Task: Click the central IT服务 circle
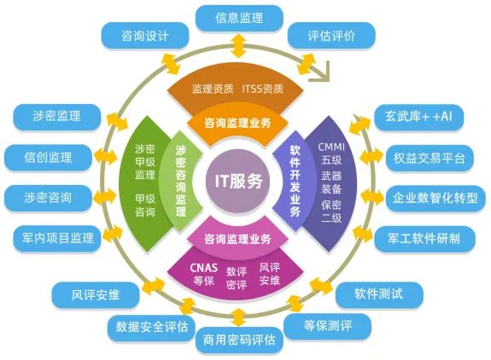pyautogui.click(x=238, y=182)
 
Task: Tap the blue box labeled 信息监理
pyautogui.click(x=239, y=18)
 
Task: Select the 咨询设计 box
pyautogui.click(x=144, y=36)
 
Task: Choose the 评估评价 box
pyautogui.click(x=331, y=36)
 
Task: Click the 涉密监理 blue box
pyautogui.click(x=56, y=117)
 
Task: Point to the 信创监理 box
pyautogui.click(x=48, y=157)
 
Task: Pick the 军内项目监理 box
pyautogui.click(x=56, y=238)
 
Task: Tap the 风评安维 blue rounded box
pyautogui.click(x=95, y=295)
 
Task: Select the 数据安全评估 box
pyautogui.click(x=151, y=328)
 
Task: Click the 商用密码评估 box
pyautogui.click(x=239, y=340)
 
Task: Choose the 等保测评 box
pyautogui.click(x=328, y=326)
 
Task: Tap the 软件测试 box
pyautogui.click(x=379, y=294)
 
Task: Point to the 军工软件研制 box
pyautogui.click(x=424, y=238)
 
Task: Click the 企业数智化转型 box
pyautogui.click(x=435, y=198)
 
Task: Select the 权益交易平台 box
pyautogui.click(x=429, y=158)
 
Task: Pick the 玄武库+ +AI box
pyautogui.click(x=418, y=117)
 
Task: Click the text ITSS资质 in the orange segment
pyautogui.click(x=262, y=89)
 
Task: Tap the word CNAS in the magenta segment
pyautogui.click(x=203, y=268)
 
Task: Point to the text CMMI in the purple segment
pyautogui.click(x=331, y=147)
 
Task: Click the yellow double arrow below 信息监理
pyautogui.click(x=239, y=46)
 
